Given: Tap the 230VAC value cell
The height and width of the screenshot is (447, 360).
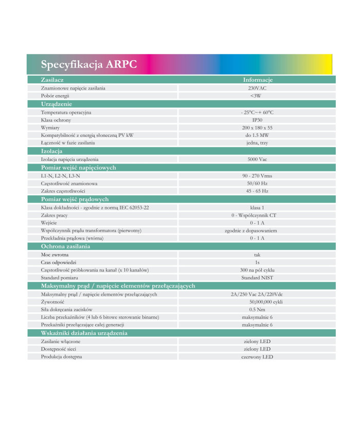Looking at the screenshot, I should [x=257, y=88].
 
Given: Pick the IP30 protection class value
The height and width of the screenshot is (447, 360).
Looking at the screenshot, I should [x=257, y=120].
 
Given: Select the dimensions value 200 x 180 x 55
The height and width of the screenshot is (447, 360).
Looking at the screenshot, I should [x=257, y=128].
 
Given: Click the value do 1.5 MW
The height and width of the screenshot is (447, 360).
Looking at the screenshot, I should [x=257, y=135].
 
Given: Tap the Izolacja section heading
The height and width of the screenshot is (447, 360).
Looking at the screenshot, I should [x=52, y=151].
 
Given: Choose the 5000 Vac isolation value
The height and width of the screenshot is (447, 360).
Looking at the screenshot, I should [x=257, y=159].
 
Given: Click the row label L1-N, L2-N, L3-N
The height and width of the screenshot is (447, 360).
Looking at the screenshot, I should [x=60, y=175].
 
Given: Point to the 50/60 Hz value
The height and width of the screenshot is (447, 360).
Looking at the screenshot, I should [x=257, y=183].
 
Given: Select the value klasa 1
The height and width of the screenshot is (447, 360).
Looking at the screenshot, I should [x=257, y=207].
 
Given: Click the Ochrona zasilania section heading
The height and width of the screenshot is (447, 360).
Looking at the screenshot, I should [x=65, y=246].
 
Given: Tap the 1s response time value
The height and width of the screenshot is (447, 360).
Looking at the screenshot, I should [x=257, y=262].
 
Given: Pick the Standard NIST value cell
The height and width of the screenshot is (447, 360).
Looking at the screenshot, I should [x=257, y=278].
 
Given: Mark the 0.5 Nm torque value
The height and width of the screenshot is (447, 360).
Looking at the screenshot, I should [x=257, y=310].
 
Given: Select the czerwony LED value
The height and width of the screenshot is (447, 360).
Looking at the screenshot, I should [x=257, y=357].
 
